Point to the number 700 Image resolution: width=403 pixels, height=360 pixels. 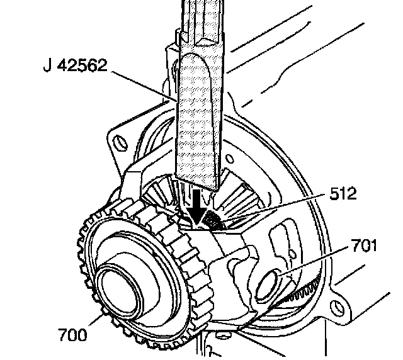pyautogui.click(x=74, y=335)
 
